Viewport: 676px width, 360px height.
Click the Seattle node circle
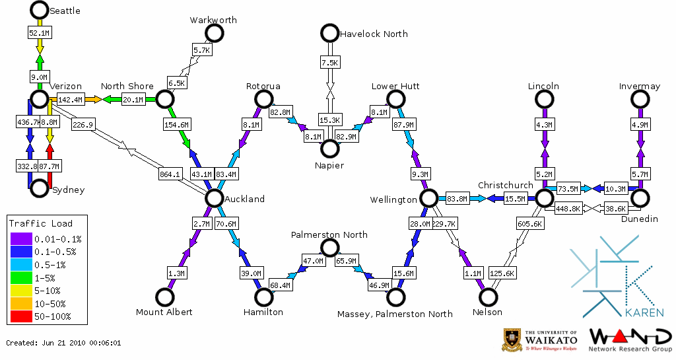(x=40, y=10)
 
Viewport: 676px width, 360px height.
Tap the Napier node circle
(x=329, y=149)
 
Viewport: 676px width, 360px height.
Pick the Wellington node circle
(x=428, y=198)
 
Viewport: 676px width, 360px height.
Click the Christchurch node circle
(x=544, y=198)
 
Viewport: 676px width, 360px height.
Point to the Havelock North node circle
(x=329, y=33)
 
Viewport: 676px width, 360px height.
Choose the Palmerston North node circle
(x=329, y=248)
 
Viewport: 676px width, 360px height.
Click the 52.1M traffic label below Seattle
(x=40, y=32)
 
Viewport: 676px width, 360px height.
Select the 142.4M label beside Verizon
(x=70, y=100)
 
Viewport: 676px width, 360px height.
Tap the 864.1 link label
(x=170, y=174)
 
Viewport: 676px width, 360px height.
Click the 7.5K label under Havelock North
(x=329, y=63)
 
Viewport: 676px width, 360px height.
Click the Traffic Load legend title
(x=41, y=223)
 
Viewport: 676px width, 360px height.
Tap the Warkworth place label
(x=213, y=20)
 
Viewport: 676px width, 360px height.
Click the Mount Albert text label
(x=164, y=312)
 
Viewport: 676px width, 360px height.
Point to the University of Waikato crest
(x=512, y=339)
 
